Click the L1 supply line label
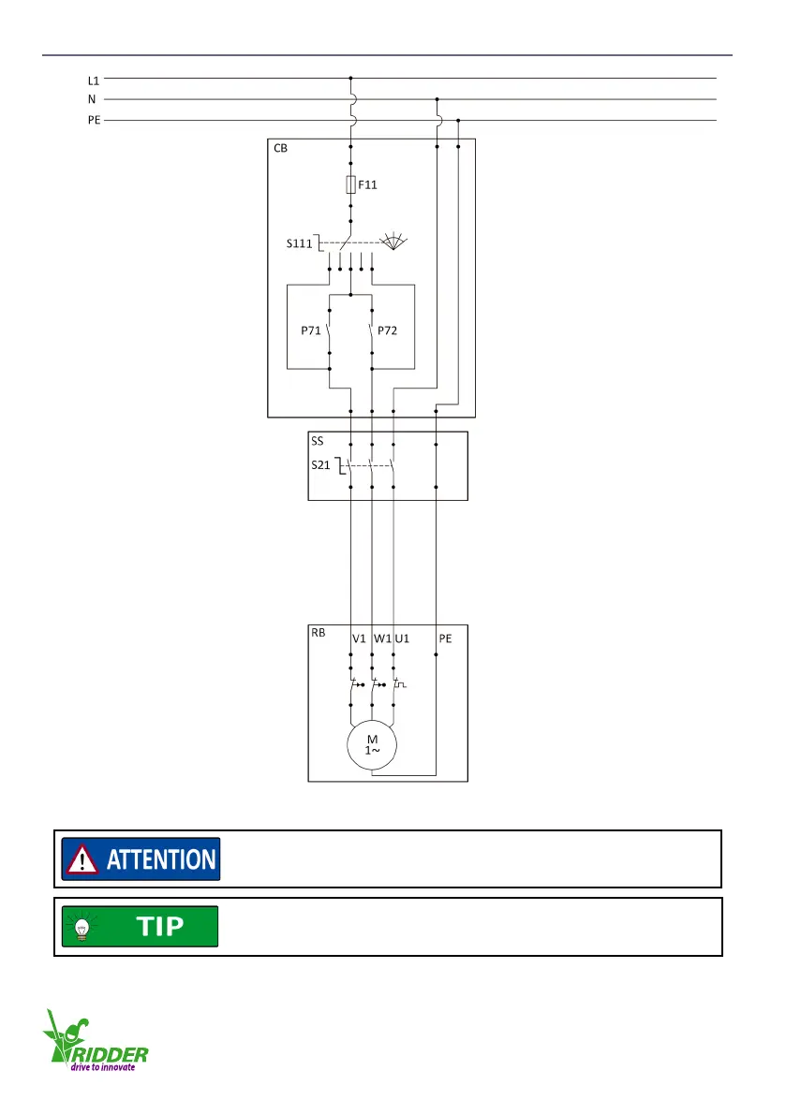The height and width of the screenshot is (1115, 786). [94, 81]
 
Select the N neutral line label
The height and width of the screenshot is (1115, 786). [92, 100]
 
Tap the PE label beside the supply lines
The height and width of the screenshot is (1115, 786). [94, 121]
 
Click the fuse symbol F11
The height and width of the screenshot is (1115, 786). [350, 184]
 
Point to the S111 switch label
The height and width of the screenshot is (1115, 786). [300, 244]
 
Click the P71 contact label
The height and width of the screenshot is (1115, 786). [311, 330]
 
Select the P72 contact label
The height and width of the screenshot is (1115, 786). [389, 330]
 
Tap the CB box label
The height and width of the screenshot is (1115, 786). [280, 150]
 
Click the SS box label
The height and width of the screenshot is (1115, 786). [318, 440]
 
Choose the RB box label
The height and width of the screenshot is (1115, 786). [319, 633]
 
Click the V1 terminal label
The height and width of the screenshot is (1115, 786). [359, 639]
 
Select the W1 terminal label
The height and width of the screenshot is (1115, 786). [382, 639]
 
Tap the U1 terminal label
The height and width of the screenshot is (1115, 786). [403, 639]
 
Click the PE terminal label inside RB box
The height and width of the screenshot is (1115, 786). [446, 639]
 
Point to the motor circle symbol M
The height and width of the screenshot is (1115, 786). [372, 745]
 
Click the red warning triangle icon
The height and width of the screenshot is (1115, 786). [82, 859]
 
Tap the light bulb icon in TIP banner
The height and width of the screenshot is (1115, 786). [82, 927]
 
